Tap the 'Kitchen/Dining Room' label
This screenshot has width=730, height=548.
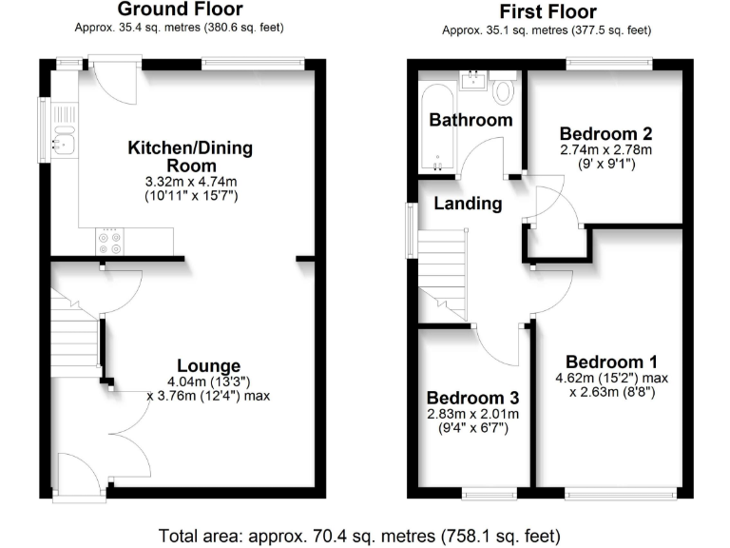point(183,156)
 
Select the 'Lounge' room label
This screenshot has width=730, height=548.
point(208,366)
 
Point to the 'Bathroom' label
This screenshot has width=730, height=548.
point(471,120)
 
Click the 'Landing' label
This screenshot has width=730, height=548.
point(468,204)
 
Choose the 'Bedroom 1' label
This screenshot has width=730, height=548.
point(610,362)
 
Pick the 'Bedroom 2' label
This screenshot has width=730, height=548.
point(605,133)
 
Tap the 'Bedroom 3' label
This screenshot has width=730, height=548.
point(472,398)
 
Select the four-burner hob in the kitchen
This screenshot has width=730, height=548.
point(110,244)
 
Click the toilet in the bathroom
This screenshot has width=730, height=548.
point(503,90)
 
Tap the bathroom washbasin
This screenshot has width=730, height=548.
point(472,80)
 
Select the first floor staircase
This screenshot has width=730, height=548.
point(443,276)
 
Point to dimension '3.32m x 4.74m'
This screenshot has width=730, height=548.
point(182,182)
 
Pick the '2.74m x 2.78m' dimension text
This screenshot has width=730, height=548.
point(605,150)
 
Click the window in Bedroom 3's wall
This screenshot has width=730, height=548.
point(490,493)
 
